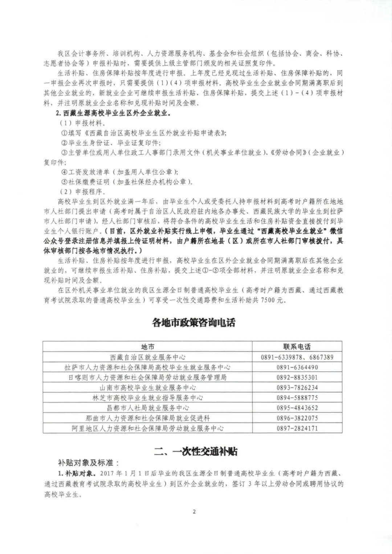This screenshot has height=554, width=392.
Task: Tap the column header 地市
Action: pyautogui.click(x=147, y=347)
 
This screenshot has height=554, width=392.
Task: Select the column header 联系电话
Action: pyautogui.click(x=297, y=347)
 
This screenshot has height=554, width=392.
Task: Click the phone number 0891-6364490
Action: pyautogui.click(x=297, y=367)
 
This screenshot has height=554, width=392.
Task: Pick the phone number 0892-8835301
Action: pyautogui.click(x=297, y=377)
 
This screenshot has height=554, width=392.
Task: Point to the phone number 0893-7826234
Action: pyautogui.click(x=297, y=387)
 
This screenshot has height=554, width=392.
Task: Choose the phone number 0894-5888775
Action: pyautogui.click(x=297, y=398)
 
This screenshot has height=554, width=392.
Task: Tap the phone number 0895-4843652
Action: pyautogui.click(x=297, y=408)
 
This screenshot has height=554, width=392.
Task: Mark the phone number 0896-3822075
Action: pyautogui.click(x=297, y=418)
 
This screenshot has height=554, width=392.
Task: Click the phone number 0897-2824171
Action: pyautogui.click(x=297, y=428)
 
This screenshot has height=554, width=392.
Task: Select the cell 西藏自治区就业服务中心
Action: pyautogui.click(x=147, y=357)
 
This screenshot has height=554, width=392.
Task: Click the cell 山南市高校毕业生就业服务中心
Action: pyautogui.click(x=147, y=387)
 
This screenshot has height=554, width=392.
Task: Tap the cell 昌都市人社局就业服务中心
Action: pyautogui.click(x=147, y=408)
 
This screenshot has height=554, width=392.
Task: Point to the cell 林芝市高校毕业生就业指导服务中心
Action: pyautogui.click(x=147, y=398)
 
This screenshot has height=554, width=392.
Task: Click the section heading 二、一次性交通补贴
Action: pyautogui.click(x=196, y=451)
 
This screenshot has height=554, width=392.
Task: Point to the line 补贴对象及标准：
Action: pyautogui.click(x=89, y=463)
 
